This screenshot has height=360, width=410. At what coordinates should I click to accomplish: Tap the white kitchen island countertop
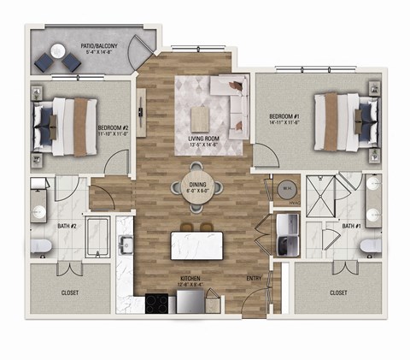(203, 245)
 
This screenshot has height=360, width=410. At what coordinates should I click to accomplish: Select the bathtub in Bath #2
(98, 239)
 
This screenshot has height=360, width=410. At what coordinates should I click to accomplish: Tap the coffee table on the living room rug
(201, 115)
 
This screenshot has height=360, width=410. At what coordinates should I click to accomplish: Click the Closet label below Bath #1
(337, 292)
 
